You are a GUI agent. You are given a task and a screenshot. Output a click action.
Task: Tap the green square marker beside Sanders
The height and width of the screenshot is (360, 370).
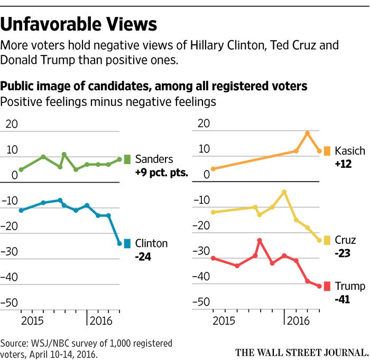click(x=127, y=159)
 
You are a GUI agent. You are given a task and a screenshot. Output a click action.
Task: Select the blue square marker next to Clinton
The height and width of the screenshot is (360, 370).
click(x=127, y=243)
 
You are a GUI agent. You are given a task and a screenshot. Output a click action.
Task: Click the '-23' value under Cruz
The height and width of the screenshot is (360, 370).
click(x=343, y=253)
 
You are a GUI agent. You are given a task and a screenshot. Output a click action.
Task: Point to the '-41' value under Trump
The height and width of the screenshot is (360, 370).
click(x=343, y=299)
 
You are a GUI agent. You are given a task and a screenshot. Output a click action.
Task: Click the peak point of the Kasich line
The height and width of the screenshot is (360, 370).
click(x=308, y=133)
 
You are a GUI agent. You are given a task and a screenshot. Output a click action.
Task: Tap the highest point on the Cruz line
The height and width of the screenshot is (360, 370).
click(x=284, y=192)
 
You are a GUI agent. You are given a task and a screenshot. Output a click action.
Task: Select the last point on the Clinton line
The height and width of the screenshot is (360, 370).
click(x=119, y=243)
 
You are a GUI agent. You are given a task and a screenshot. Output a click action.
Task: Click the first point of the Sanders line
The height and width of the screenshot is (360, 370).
click(x=21, y=169)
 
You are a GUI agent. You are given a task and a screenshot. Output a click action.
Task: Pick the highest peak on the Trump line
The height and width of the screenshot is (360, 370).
click(x=260, y=240)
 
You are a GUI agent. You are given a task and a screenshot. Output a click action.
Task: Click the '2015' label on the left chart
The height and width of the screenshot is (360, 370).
click(x=33, y=321)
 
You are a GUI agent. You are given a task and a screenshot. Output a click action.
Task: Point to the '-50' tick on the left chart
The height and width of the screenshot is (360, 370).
click(x=11, y=302)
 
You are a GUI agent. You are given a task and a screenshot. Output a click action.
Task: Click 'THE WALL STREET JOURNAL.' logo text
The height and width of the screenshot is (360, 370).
click(x=302, y=352)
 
